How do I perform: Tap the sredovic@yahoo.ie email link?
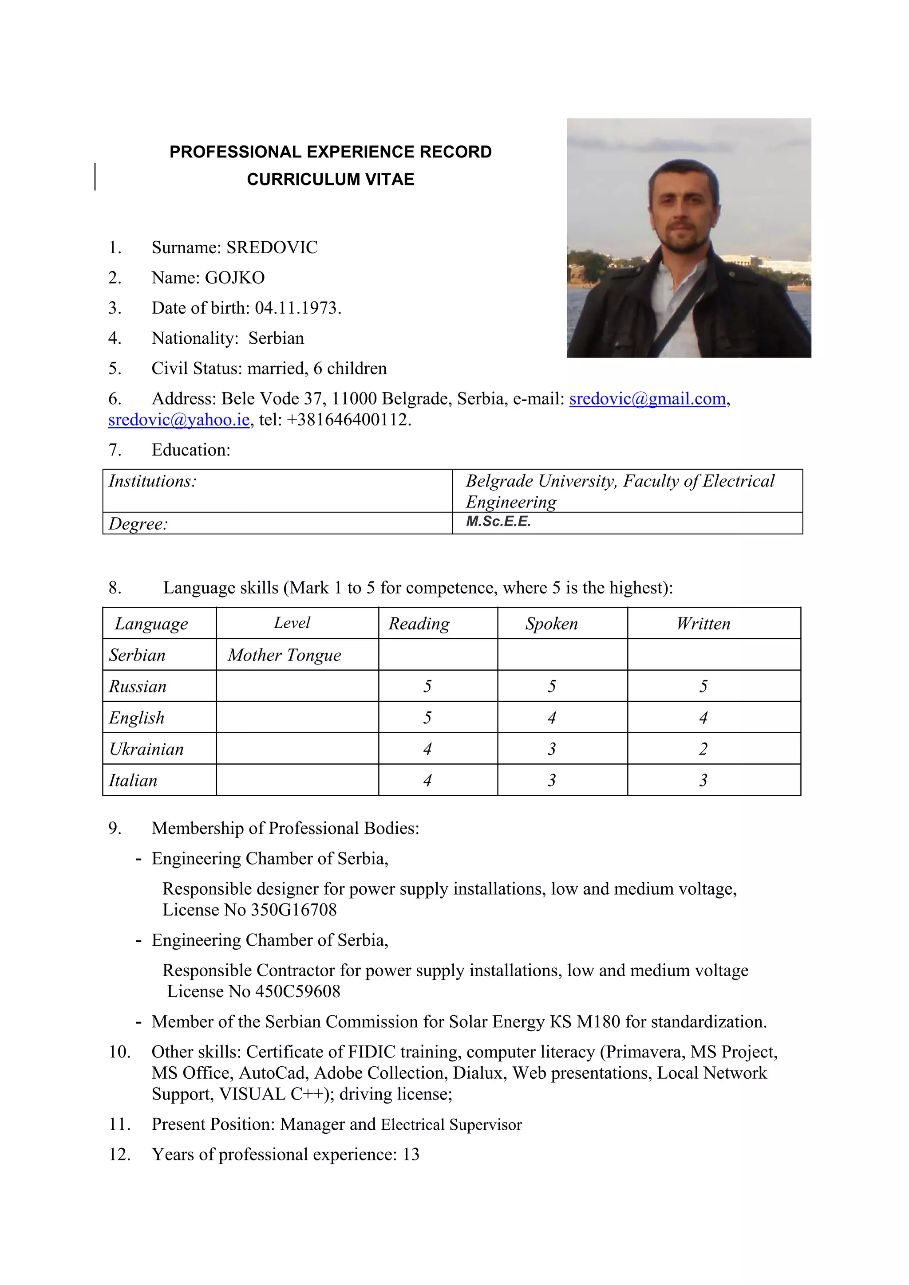coord(179,420)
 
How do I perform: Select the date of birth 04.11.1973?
coord(297,308)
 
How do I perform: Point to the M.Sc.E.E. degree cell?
coord(498,522)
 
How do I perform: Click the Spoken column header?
coord(551,624)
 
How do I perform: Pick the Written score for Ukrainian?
coord(703,749)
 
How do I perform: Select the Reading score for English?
coord(427,718)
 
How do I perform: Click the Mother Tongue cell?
coord(284,655)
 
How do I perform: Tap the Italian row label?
coord(133,780)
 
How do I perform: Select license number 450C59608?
coord(297,991)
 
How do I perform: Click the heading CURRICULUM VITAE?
coord(330,179)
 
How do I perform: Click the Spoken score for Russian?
coord(552,686)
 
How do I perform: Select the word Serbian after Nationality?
coord(276,338)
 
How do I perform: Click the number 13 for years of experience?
coord(411,1154)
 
